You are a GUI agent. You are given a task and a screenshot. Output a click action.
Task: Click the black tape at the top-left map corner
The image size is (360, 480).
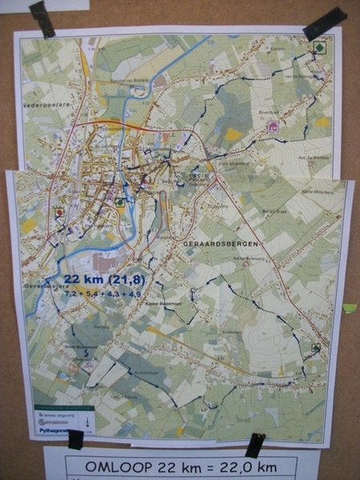42,18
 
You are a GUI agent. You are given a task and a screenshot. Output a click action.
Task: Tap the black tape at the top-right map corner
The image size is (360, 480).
324,23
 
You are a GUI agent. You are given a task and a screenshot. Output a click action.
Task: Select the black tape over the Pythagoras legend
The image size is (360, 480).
76,438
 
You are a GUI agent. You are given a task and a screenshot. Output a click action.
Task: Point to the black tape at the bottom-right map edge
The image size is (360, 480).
254,445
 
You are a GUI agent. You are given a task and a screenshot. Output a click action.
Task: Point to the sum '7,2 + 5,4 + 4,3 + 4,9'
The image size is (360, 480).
102,294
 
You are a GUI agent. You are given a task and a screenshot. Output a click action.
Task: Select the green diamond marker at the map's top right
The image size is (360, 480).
319,47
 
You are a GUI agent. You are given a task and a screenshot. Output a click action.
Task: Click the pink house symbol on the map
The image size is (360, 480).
273,126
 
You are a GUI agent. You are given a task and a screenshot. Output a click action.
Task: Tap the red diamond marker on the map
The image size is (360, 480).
58,213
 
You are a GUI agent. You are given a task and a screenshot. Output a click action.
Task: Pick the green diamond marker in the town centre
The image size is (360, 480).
119,202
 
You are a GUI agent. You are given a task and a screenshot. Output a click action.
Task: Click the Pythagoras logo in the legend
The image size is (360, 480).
61,428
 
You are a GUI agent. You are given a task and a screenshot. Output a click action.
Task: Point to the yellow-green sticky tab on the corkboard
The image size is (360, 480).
349,308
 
